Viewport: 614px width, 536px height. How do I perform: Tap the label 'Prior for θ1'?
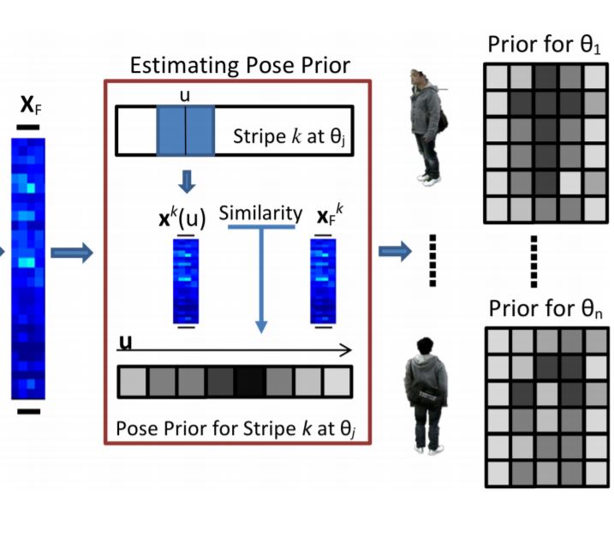point(545,45)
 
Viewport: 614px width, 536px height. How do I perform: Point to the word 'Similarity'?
point(259,213)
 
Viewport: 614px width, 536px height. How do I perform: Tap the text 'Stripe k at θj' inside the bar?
point(289,138)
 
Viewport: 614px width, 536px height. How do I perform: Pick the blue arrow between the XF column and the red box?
point(70,252)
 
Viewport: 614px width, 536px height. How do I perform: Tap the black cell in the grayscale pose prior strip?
point(250,379)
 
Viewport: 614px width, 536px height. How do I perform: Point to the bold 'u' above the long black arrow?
point(126,342)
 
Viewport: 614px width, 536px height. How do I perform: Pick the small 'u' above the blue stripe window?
point(184,95)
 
